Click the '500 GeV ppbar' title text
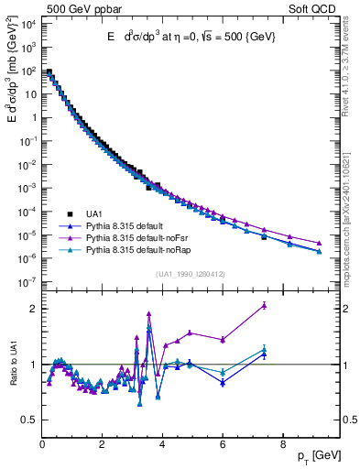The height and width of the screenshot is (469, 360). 75,8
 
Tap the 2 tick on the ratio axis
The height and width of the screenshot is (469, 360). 33,309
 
